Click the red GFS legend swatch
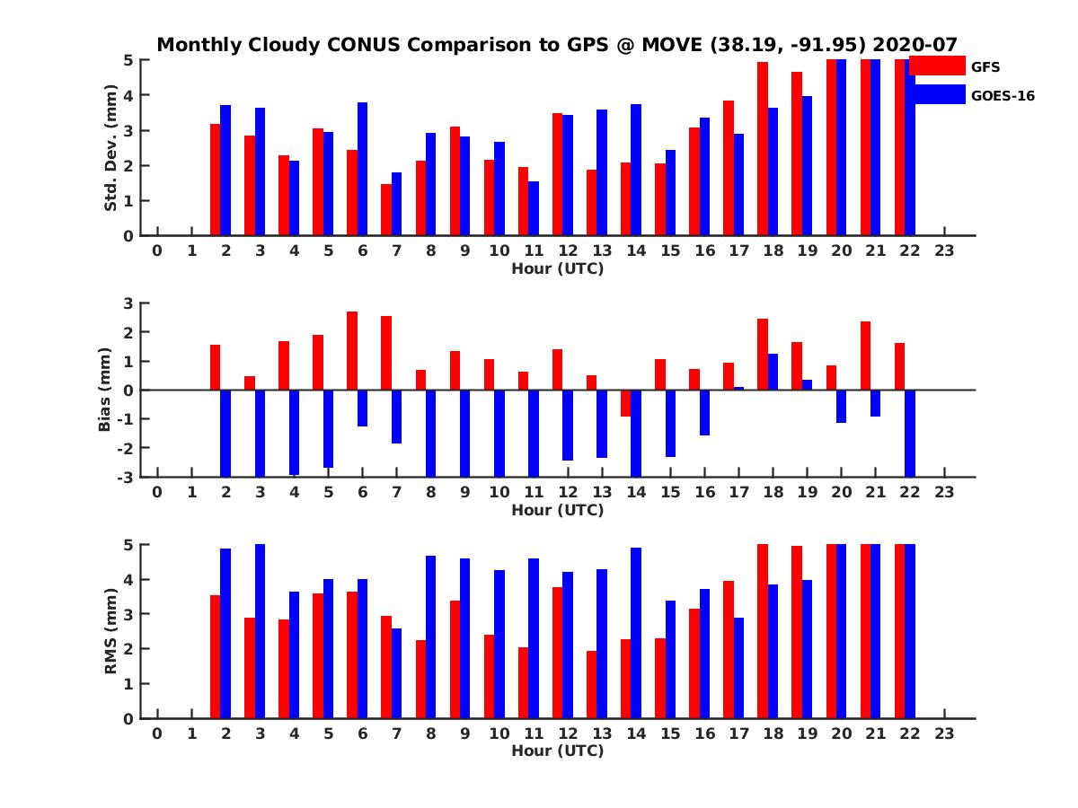coord(937,66)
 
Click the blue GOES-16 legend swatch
coord(937,94)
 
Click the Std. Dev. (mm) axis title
coord(110,148)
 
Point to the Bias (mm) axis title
coord(105,390)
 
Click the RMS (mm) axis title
coord(110,631)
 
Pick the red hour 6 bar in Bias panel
coord(352,350)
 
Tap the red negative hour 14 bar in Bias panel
coord(625,403)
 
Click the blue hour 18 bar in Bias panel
coord(773,372)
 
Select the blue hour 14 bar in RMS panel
coord(636,633)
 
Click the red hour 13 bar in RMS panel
coord(591,684)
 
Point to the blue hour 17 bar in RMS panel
coord(738,668)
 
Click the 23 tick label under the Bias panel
coord(943,492)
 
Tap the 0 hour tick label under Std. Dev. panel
coord(157,250)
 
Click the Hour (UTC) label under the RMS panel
coord(557,751)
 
